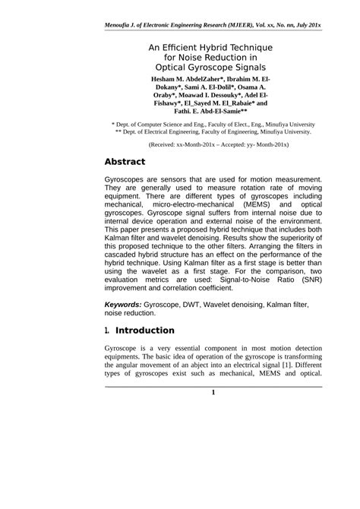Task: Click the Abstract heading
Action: [130, 162]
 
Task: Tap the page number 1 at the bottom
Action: [213, 392]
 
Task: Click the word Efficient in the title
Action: [192, 46]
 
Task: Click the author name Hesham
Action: [169, 79]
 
